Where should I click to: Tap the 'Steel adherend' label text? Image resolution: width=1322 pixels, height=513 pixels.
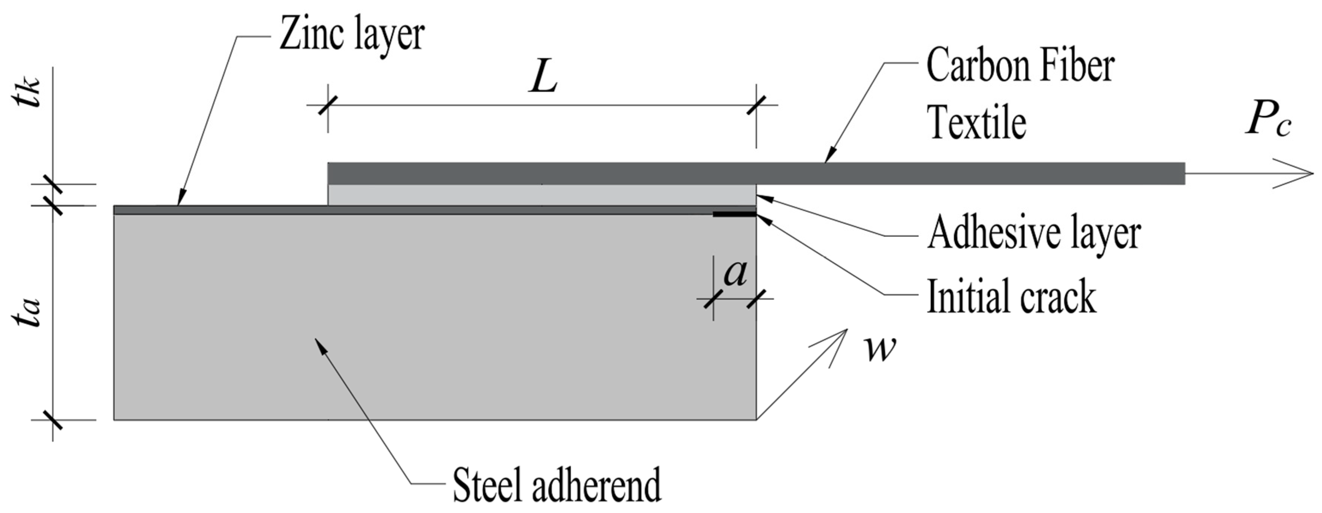[x=557, y=484]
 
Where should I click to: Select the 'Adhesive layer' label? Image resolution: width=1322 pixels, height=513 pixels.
[x=1034, y=234]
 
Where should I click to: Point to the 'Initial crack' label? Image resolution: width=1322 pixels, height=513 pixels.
[x=1011, y=296]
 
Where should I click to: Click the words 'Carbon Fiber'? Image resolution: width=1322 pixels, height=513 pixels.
[x=1020, y=67]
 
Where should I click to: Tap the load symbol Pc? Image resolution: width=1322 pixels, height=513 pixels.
[x=1268, y=122]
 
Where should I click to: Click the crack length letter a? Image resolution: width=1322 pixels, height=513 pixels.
[x=735, y=273]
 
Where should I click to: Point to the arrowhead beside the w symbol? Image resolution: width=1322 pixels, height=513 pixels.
[x=836, y=339]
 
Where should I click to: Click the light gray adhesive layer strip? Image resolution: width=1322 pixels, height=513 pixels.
[x=541, y=195]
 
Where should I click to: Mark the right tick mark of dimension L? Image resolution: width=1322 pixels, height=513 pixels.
[x=756, y=105]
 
